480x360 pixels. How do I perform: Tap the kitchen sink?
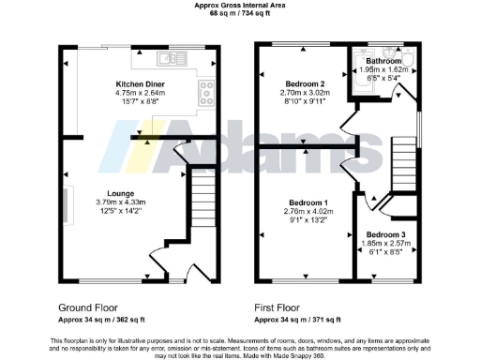coord(168,58)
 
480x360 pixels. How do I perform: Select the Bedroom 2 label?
coord(301,84)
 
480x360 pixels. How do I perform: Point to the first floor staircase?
coord(402,160)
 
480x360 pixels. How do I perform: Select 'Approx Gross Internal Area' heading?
coord(239,6)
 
